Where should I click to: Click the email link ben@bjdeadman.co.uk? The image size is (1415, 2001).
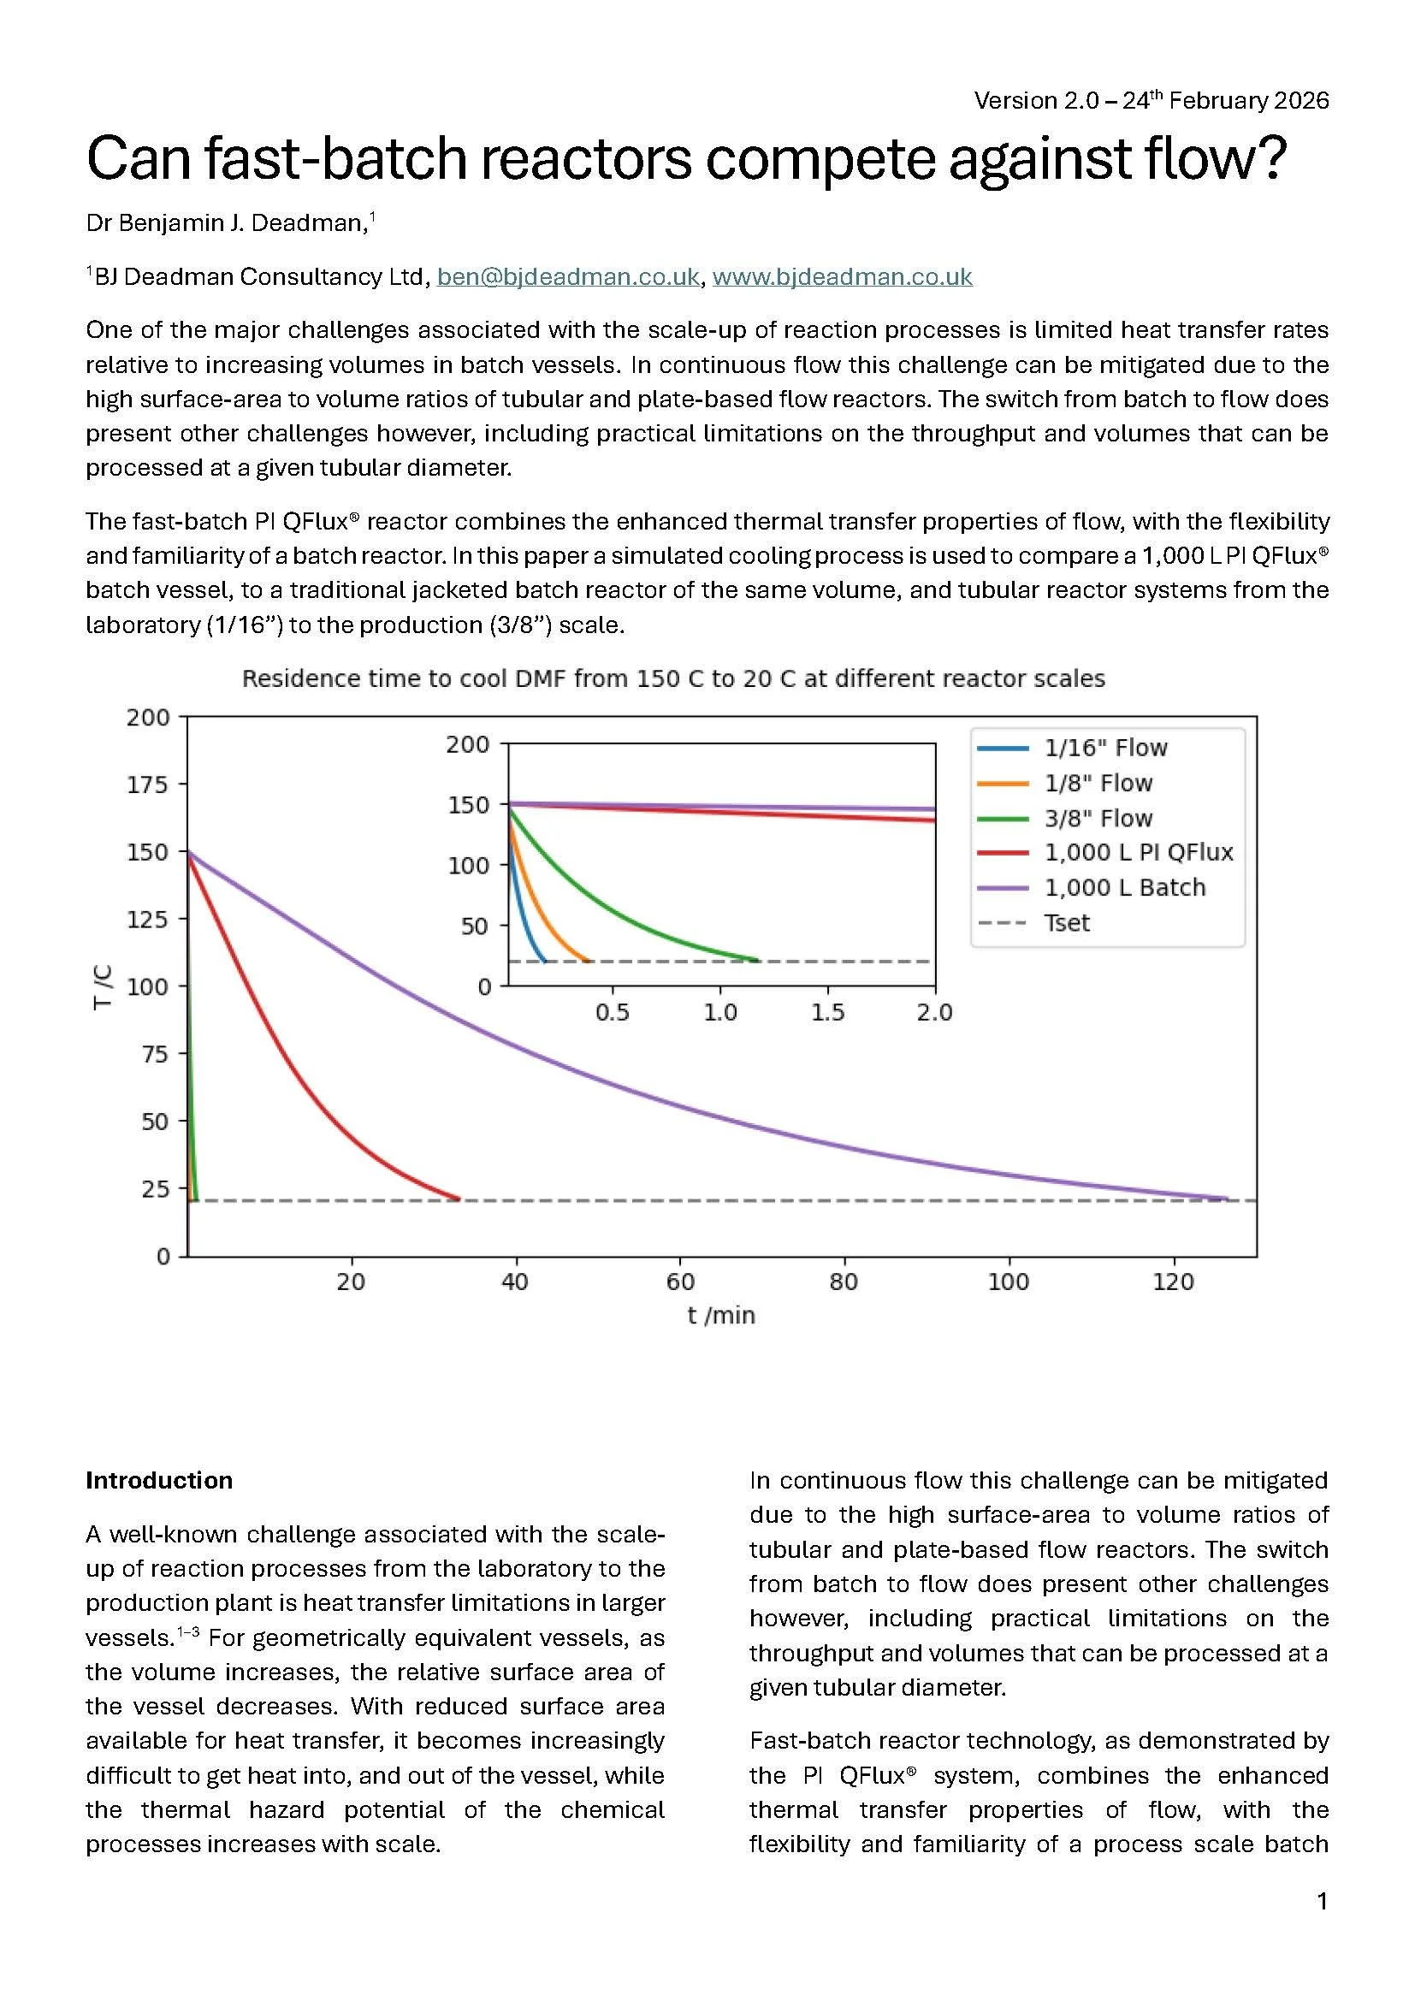(x=567, y=276)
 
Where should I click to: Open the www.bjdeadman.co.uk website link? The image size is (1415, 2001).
(x=842, y=276)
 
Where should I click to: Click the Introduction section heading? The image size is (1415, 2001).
(x=158, y=1480)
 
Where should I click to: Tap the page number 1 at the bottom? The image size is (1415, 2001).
(x=1322, y=1901)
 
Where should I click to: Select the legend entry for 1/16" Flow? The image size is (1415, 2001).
(x=1104, y=748)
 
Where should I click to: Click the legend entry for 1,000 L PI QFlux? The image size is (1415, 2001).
(x=1138, y=852)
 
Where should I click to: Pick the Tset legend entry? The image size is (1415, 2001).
(x=1067, y=923)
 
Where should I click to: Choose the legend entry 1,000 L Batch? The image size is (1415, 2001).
(x=1124, y=887)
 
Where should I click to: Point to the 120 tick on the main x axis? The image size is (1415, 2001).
(x=1173, y=1282)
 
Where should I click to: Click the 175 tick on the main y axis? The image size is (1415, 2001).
(x=147, y=784)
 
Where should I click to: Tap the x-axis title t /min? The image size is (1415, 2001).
(x=720, y=1315)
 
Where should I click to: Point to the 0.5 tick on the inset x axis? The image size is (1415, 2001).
(x=613, y=1013)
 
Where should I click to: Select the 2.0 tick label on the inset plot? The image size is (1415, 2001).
(x=934, y=1013)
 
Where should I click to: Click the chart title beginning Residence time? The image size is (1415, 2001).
(x=672, y=679)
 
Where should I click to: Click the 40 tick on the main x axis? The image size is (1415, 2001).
(x=515, y=1282)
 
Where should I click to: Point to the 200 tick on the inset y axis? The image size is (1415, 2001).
(x=468, y=744)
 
